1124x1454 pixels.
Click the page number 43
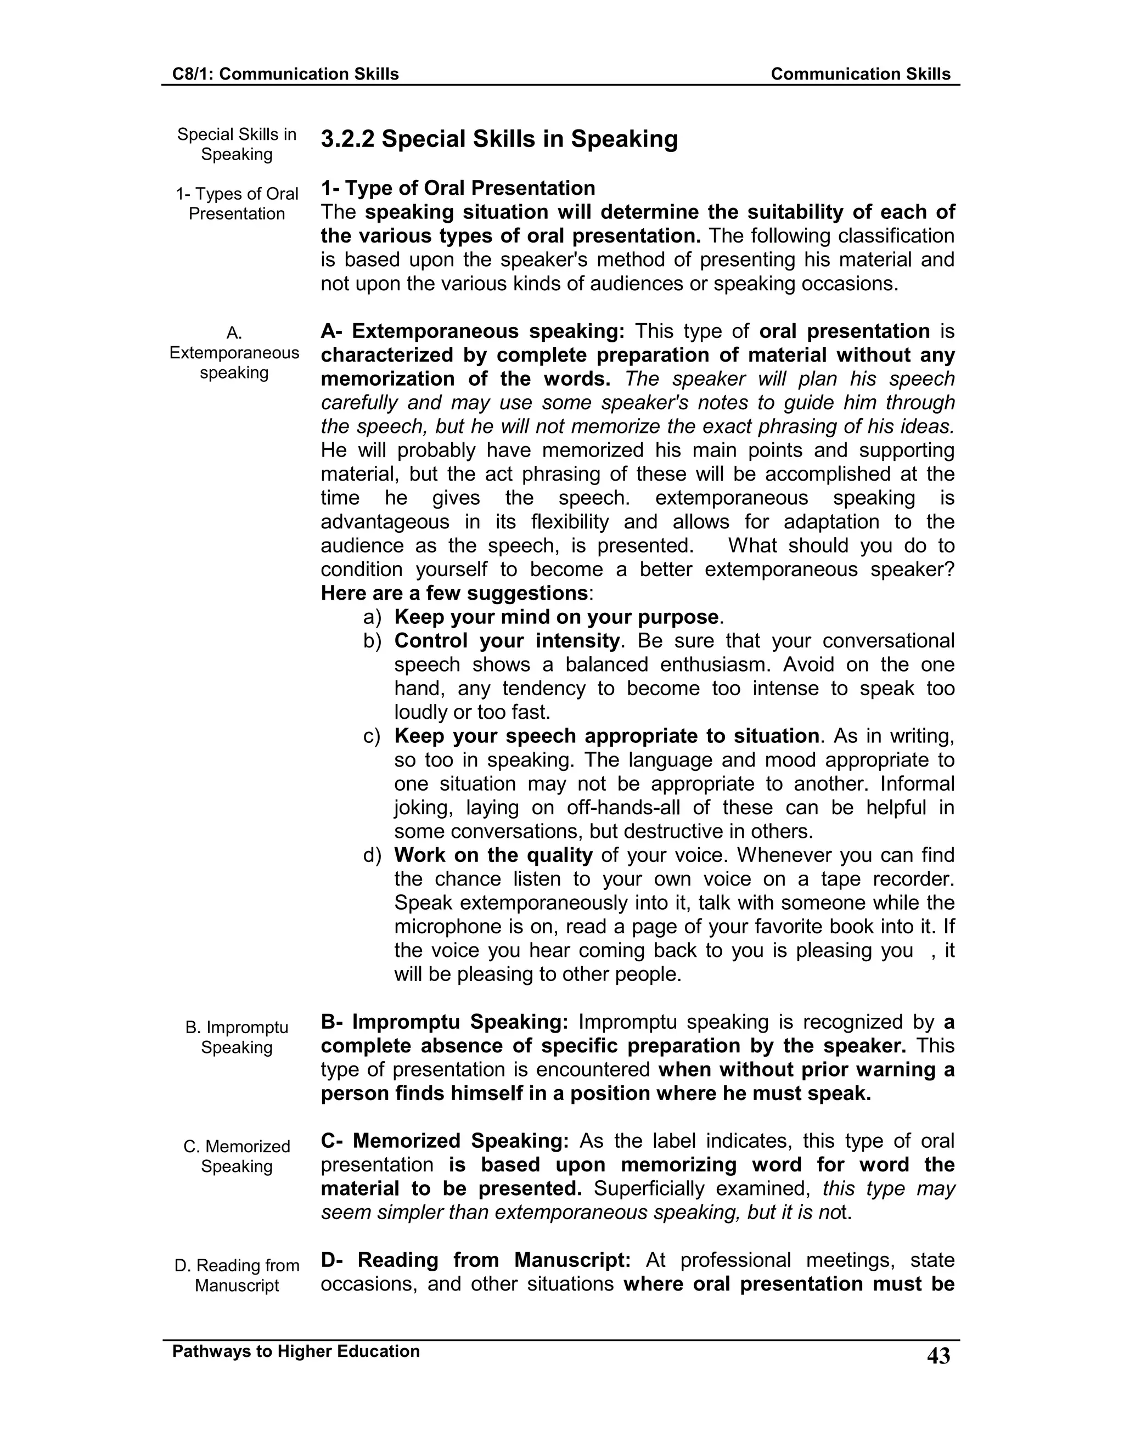pos(938,1356)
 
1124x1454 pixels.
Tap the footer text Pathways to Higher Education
pos(296,1351)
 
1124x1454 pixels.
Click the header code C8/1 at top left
pos(190,74)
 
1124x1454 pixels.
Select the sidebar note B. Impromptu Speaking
pos(237,1037)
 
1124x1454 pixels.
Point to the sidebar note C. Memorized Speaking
pos(237,1157)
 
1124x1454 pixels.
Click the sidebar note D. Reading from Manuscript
pos(237,1275)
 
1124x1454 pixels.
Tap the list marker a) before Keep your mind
pos(372,617)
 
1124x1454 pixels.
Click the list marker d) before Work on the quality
pos(372,855)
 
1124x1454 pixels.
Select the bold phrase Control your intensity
pos(507,641)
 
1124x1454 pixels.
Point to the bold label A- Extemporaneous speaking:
pos(472,331)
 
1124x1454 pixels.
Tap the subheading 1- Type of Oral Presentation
pos(458,188)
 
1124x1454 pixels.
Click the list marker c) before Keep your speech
pos(372,736)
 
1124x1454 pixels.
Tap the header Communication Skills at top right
pos(861,74)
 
